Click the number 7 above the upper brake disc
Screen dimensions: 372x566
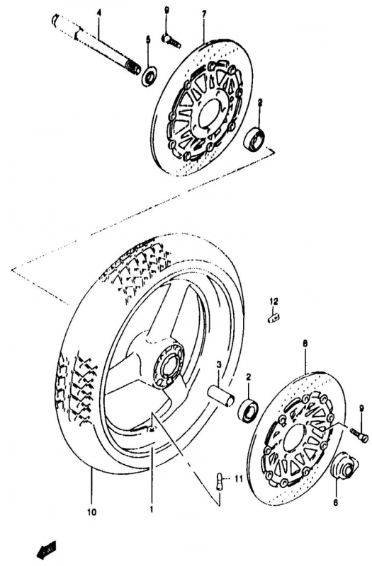click(204, 13)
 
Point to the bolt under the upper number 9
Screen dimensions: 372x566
click(170, 40)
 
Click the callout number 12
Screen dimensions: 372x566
click(274, 301)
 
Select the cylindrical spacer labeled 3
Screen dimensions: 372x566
click(221, 396)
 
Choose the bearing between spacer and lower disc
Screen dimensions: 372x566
click(248, 409)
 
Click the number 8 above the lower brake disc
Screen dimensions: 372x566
click(305, 344)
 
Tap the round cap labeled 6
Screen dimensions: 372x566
click(344, 468)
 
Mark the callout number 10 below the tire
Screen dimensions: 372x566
click(92, 512)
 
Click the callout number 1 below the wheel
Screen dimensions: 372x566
click(152, 509)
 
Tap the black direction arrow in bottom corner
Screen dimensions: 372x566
click(47, 550)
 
